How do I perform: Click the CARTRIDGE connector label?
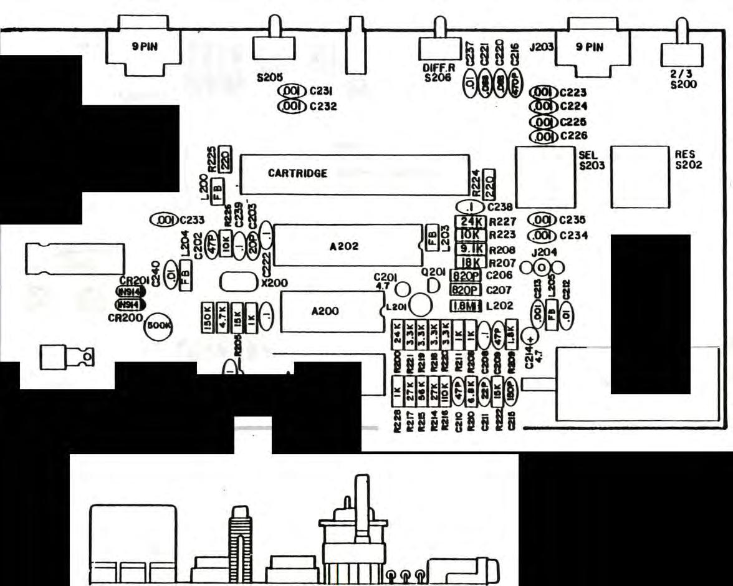click(x=297, y=173)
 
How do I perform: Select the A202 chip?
click(x=345, y=246)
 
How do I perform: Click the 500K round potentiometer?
click(x=158, y=325)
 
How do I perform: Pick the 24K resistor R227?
click(x=469, y=221)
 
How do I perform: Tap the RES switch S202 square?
click(x=639, y=176)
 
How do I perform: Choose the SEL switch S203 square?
click(x=544, y=177)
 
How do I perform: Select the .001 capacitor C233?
click(x=163, y=220)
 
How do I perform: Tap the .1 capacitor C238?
click(x=471, y=206)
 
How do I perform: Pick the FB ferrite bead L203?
click(x=431, y=238)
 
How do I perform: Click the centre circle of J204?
click(x=542, y=268)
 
